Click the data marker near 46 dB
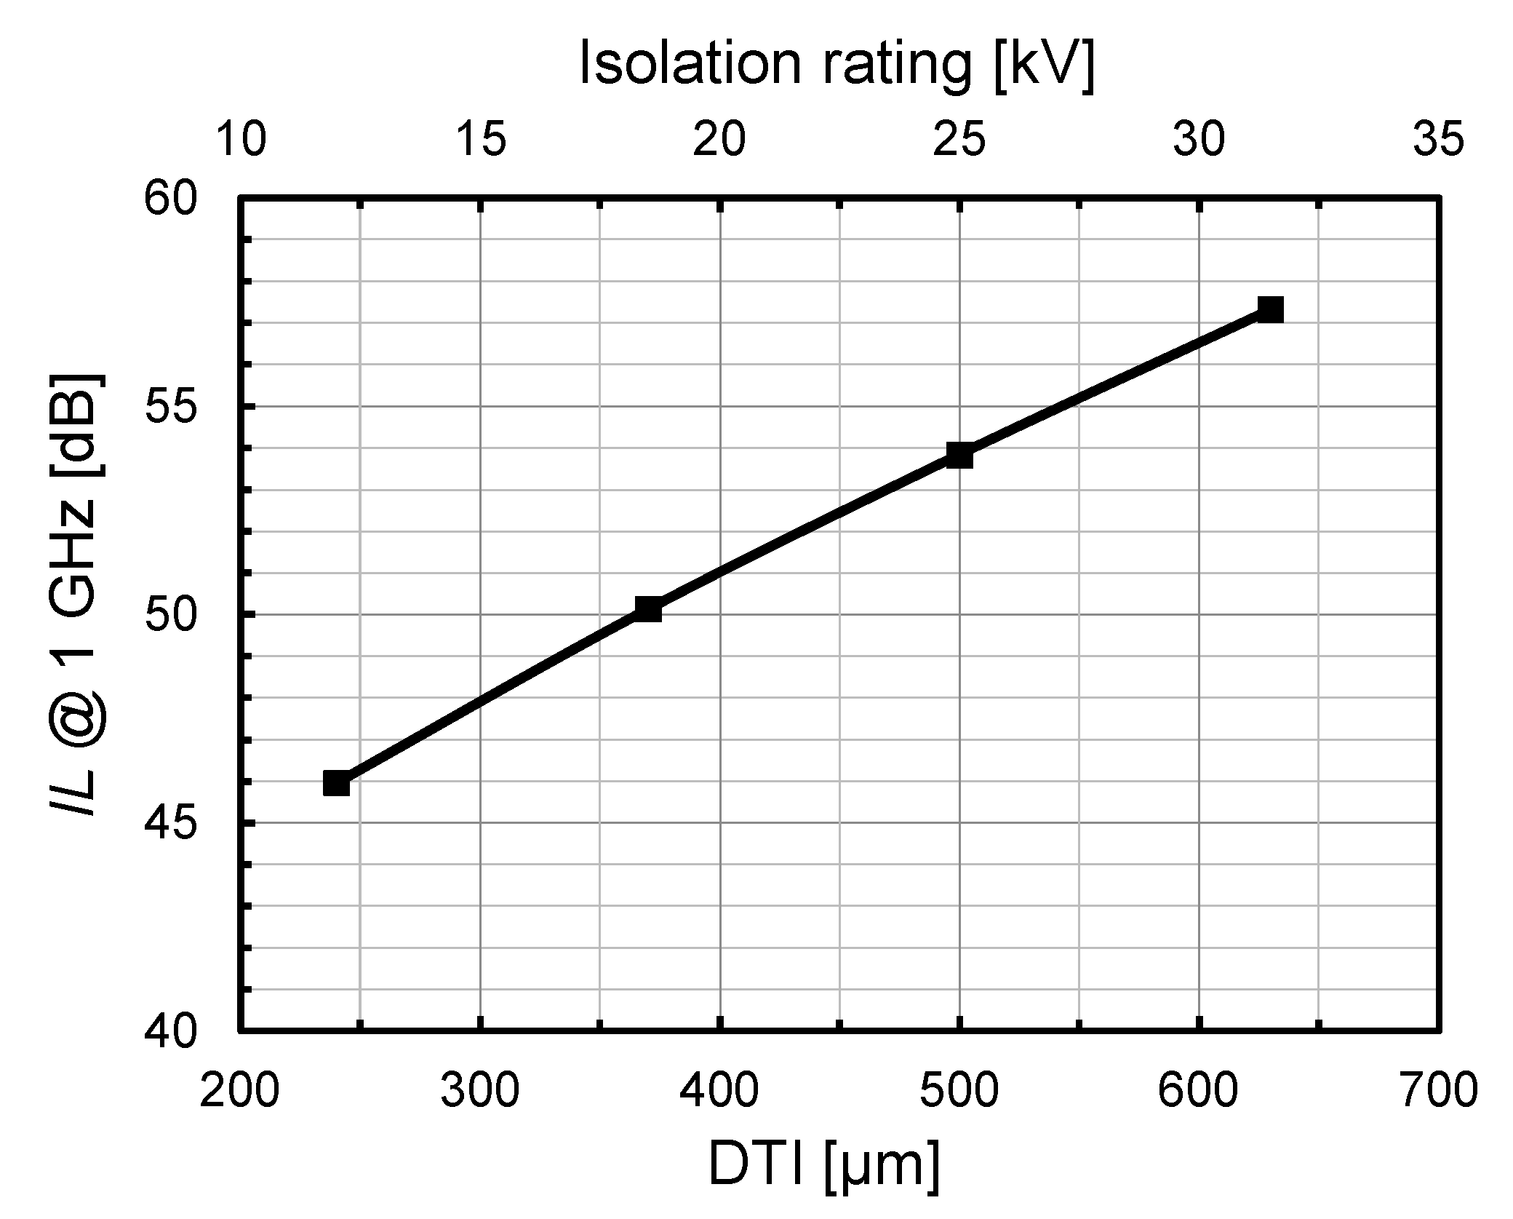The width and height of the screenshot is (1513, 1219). click(x=336, y=784)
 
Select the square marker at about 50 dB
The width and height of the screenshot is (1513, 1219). click(x=648, y=608)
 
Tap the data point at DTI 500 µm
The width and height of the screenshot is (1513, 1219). click(x=959, y=455)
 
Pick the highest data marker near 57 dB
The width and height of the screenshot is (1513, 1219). click(x=1270, y=309)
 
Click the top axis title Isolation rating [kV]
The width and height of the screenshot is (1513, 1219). click(x=837, y=64)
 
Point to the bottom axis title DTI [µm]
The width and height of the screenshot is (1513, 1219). click(x=824, y=1166)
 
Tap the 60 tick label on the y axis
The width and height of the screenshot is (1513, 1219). click(x=171, y=198)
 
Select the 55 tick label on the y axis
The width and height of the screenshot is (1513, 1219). click(x=171, y=406)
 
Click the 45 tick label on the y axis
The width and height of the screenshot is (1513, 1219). click(x=171, y=823)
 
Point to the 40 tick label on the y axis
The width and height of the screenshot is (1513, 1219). click(x=171, y=1031)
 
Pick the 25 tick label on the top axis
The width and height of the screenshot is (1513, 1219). click(x=959, y=140)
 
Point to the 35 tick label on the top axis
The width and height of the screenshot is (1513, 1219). click(x=1438, y=140)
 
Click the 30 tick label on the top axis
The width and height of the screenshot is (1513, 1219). click(x=1199, y=140)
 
